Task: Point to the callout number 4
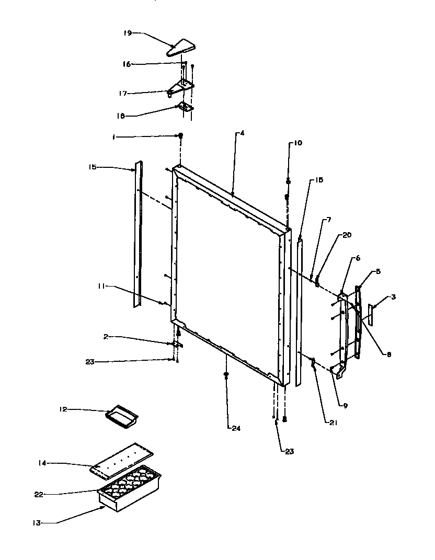[x=242, y=133]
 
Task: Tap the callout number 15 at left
[x=91, y=167]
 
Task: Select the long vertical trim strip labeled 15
[x=139, y=235]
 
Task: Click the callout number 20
[x=348, y=235]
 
